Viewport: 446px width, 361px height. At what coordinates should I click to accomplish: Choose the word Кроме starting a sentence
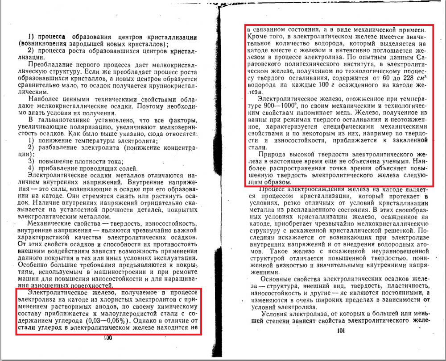coord(258,35)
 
